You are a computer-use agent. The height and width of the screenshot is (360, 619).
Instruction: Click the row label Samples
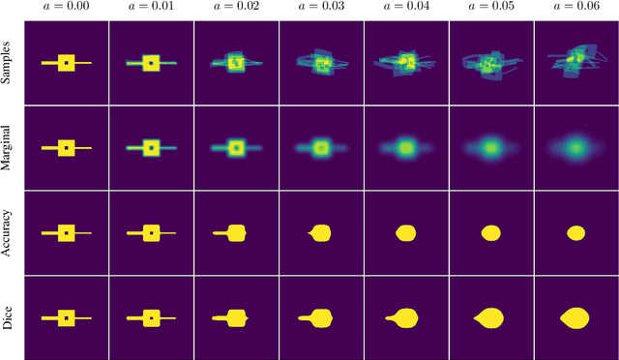[x=8, y=63]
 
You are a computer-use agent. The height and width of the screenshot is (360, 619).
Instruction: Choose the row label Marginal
[x=8, y=148]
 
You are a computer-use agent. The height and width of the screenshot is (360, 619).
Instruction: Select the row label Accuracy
[x=8, y=232]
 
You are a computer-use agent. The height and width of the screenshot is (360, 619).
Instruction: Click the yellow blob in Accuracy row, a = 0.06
[x=576, y=232]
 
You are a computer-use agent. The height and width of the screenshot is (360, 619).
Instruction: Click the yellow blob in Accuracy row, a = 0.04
[x=406, y=232]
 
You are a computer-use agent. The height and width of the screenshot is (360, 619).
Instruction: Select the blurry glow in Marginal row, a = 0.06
[x=575, y=149]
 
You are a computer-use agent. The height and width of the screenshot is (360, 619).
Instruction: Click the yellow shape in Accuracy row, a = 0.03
[x=322, y=232]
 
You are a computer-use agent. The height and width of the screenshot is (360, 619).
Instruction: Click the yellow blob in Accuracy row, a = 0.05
[x=491, y=232]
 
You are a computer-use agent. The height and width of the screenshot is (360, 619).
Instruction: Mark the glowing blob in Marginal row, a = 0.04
[x=406, y=149]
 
